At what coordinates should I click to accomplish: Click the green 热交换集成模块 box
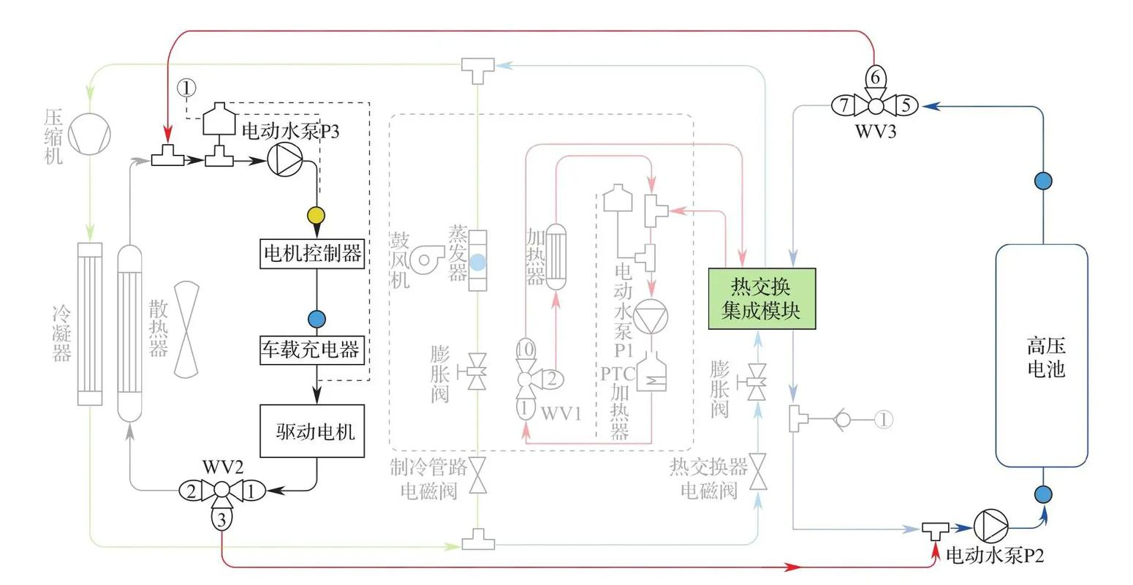(762, 298)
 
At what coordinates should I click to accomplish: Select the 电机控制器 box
(312, 254)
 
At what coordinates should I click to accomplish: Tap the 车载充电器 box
(312, 350)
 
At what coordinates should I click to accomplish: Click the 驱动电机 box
(312, 431)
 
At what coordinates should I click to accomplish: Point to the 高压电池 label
(1045, 356)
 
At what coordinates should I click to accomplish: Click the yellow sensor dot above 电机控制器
(317, 216)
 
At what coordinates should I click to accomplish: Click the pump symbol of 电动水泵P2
(990, 526)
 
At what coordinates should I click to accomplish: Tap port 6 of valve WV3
(876, 77)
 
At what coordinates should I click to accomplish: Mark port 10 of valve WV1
(525, 348)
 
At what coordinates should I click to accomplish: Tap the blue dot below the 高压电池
(1043, 494)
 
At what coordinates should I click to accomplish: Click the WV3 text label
(876, 132)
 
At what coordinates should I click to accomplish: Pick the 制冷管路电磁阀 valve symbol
(477, 476)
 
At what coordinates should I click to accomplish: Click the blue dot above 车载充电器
(317, 319)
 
